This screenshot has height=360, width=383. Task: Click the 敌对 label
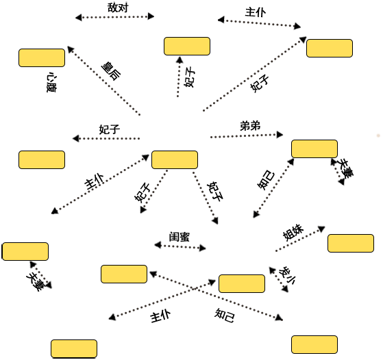tap(118, 8)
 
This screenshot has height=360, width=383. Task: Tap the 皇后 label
tap(112, 71)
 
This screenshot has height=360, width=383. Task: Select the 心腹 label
tap(51, 82)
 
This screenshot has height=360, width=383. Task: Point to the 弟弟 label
tap(250, 126)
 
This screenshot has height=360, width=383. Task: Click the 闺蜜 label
tap(180, 237)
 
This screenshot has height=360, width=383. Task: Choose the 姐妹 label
tap(293, 232)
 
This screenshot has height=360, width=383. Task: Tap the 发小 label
tap(287, 276)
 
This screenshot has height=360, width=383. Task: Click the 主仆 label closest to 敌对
tap(256, 12)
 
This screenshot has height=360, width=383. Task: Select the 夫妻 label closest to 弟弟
tap(345, 168)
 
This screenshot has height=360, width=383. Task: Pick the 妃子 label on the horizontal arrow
tap(110, 129)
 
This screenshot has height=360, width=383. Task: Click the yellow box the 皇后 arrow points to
tap(42, 58)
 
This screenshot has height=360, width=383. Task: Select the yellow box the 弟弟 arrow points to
tap(314, 149)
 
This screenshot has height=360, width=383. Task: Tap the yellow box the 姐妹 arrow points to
tap(351, 244)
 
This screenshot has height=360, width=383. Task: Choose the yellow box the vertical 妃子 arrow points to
tap(187, 46)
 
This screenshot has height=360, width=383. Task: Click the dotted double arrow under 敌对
tap(115, 17)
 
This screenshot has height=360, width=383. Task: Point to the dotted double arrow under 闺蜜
tap(180, 246)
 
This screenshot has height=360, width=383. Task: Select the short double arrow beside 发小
tap(278, 279)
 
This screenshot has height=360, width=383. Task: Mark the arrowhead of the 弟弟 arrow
tap(280, 134)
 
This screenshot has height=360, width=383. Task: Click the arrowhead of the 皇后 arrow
tap(71, 49)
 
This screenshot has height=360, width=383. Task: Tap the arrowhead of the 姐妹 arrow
tap(322, 229)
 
